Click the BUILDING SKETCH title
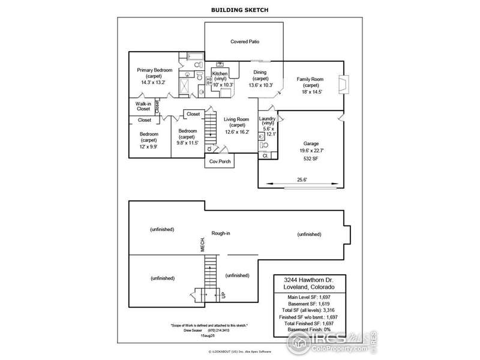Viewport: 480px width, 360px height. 239,10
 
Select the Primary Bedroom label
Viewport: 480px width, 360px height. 154,70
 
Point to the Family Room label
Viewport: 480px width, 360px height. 311,79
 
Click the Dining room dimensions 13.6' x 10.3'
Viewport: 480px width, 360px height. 260,85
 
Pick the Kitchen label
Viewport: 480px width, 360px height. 220,73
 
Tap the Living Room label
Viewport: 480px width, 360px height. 236,119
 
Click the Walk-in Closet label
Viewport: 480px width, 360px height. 143,106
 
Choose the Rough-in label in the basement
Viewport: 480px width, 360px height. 221,233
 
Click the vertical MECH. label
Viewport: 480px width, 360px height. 203,245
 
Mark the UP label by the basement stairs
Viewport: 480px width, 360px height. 223,295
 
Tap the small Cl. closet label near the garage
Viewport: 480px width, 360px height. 265,155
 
